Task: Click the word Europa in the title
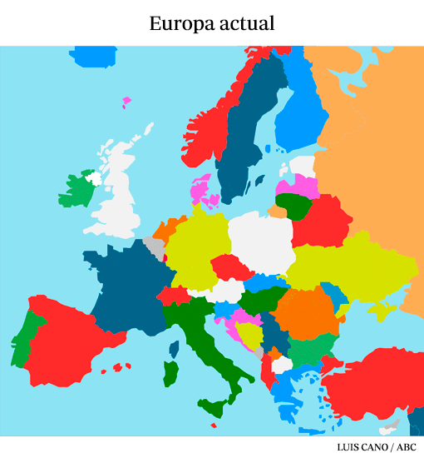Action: coord(177,23)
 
